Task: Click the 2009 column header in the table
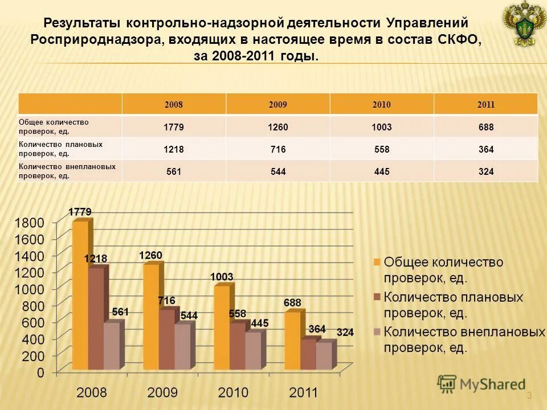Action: tap(277, 105)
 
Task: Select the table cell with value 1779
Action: tap(173, 127)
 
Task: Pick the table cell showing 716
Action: tap(277, 149)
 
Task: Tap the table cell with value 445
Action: tap(381, 171)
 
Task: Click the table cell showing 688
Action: tap(485, 127)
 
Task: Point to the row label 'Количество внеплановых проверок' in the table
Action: tap(67, 171)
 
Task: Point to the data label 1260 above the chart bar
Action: tap(151, 255)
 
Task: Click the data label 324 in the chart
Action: tap(345, 332)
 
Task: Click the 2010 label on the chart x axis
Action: tap(234, 392)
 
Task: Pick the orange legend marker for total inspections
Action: tap(376, 262)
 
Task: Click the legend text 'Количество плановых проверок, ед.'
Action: tap(453, 305)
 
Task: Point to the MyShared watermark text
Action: tap(492, 384)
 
